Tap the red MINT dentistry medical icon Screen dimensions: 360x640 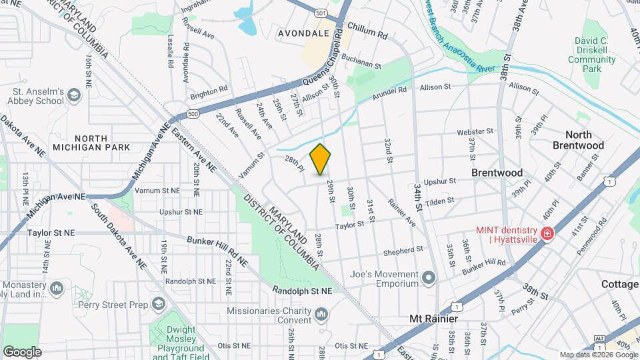(x=547, y=234)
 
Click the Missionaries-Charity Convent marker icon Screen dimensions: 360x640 (x=321, y=313)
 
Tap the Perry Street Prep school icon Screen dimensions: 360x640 (x=158, y=304)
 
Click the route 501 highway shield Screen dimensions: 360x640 (x=321, y=13)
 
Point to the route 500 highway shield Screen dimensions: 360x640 (x=193, y=114)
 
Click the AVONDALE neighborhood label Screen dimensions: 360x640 (x=305, y=33)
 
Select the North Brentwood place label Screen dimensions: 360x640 (x=578, y=140)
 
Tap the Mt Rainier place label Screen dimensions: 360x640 (x=433, y=319)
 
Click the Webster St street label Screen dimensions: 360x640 (x=475, y=132)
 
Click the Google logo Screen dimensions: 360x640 (x=22, y=352)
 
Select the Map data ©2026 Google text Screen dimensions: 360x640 (x=597, y=355)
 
